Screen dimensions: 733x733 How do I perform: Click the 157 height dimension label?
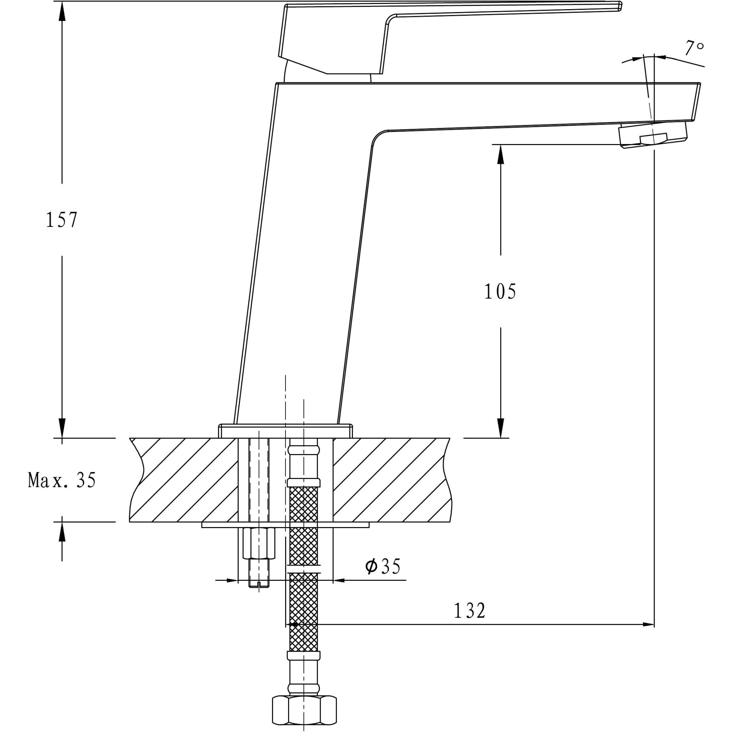pos(62,220)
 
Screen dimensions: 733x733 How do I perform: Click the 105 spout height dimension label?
pos(500,291)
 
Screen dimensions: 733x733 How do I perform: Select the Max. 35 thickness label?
pos(62,480)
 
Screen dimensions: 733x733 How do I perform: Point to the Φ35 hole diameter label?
pos(382,567)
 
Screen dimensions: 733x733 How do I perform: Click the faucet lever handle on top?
pos(417,23)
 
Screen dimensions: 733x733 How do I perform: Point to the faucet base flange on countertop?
pos(285,431)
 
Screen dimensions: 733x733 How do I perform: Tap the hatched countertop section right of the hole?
pos(391,480)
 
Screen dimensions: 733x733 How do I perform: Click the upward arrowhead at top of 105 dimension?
pos(500,154)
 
